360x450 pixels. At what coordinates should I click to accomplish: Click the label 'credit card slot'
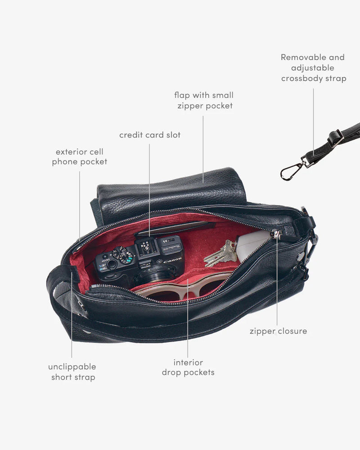tap(150, 135)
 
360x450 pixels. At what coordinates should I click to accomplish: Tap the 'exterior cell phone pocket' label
tap(80, 156)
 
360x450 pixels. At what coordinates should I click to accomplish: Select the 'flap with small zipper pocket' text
tap(204, 100)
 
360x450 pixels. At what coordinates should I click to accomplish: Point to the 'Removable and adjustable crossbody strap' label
tap(314, 68)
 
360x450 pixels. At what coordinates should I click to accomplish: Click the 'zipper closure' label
tap(278, 331)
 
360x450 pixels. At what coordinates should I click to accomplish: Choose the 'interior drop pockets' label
tap(188, 367)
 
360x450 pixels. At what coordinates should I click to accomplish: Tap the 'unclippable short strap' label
tap(72, 372)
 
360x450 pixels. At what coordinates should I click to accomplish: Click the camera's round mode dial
tap(122, 255)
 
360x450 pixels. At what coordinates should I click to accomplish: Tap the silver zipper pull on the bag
tap(275, 234)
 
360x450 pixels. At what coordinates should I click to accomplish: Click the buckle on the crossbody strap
tap(335, 138)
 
